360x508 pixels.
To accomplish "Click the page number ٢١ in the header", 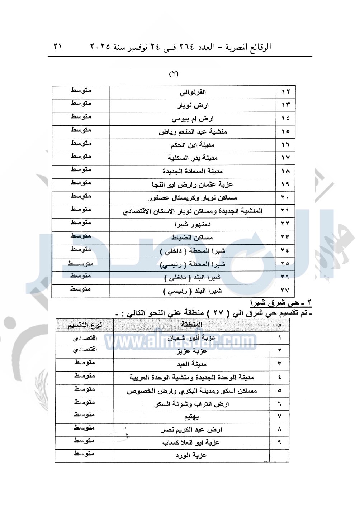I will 58,47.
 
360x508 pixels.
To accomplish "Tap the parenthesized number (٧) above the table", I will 174,74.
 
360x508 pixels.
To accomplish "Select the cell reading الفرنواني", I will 193,92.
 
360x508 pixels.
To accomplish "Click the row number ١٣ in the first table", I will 285,105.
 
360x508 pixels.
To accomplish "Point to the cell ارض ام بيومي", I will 193,119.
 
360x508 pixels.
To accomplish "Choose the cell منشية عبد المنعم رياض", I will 193,132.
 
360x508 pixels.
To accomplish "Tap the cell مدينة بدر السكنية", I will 193,158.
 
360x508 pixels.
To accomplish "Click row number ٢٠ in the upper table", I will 285,197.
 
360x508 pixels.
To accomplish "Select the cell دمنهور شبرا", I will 193,224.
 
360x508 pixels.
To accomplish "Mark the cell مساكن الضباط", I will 193,238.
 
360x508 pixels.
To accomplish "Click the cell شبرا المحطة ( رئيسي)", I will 193,264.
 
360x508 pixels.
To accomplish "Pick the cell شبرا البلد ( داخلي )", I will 193,278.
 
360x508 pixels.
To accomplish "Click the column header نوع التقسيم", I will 85,325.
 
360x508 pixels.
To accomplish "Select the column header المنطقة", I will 192,325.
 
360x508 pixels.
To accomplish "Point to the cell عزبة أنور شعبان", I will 192,338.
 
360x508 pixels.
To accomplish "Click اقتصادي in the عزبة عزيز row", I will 85,350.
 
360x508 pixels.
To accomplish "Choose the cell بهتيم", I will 192,417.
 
